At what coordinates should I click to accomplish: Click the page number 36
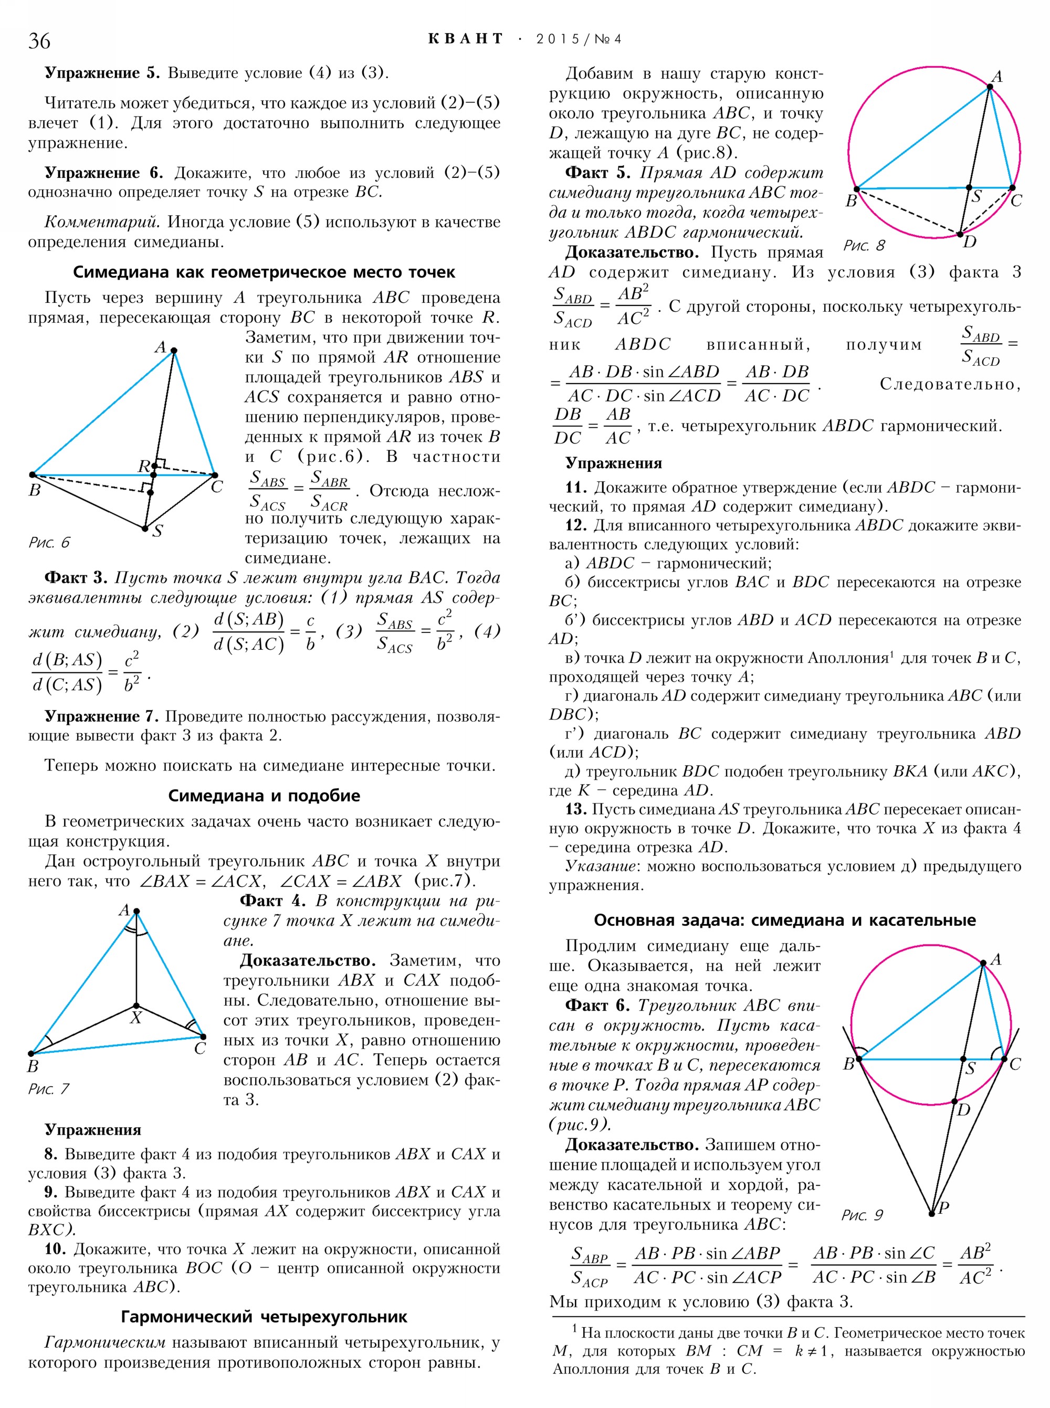click(39, 40)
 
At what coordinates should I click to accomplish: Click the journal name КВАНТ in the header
click(465, 39)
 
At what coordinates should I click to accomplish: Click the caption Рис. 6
click(49, 542)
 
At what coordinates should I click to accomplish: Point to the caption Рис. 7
click(48, 1088)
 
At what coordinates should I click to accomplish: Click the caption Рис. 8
click(864, 245)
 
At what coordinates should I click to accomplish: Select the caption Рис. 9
click(862, 1215)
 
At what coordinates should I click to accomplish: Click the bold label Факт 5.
click(597, 173)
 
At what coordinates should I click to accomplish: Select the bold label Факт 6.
click(597, 1005)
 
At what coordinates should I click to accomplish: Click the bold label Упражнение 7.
click(101, 716)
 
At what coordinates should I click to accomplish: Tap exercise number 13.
click(576, 809)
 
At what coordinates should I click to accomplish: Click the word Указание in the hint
click(592, 866)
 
